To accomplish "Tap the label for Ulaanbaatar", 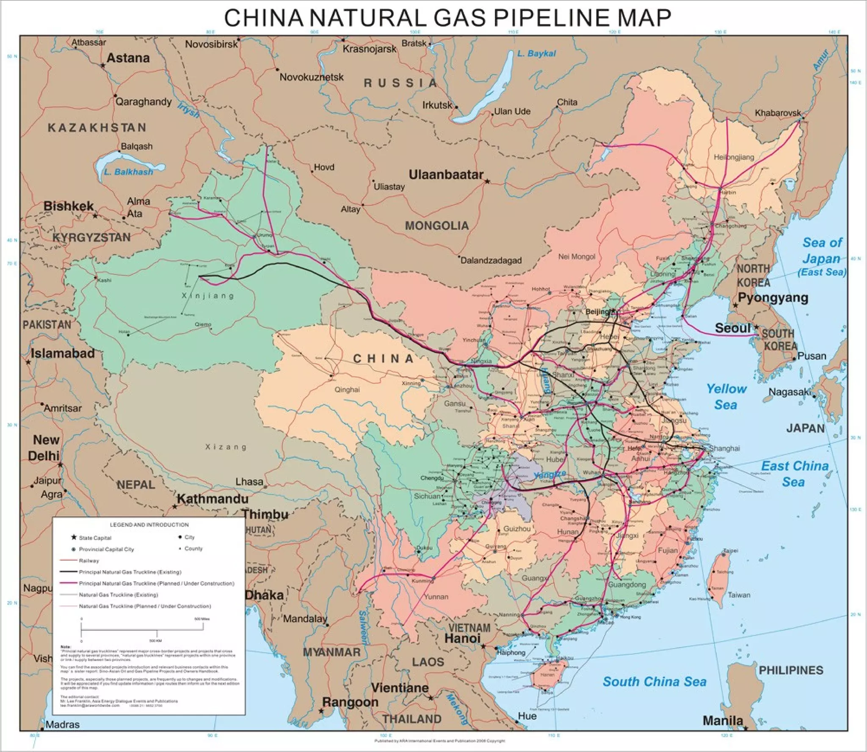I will point(445,175).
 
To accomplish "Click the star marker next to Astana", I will point(103,66).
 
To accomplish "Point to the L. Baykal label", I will point(536,54).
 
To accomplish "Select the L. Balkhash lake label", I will point(128,172).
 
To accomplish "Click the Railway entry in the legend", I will point(88,561).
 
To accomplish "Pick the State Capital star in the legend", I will point(74,538).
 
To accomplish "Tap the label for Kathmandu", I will point(213,499).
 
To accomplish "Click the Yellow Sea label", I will point(726,397).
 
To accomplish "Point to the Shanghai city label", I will point(724,448).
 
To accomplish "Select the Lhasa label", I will point(249,482).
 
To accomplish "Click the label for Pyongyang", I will point(773,298).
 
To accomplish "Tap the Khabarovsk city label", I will point(778,113).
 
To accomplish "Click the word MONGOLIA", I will point(436,226).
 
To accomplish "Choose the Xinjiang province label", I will point(208,296).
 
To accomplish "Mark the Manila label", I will point(723,721).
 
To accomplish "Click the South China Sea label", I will point(654,682).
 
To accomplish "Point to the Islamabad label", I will point(63,353).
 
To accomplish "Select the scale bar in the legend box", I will point(142,630).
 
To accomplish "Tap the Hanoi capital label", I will point(462,638).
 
